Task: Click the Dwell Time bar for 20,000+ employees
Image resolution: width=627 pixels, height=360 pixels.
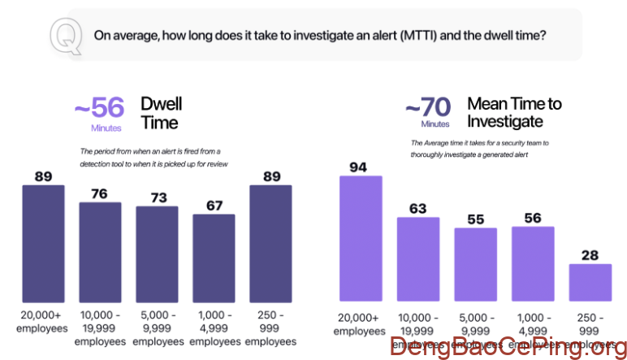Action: [43, 243]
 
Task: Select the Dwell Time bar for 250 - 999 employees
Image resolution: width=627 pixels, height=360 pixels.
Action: [270, 243]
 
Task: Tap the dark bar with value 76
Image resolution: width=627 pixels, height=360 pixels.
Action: [100, 251]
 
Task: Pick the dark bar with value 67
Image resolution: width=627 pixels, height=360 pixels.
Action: [214, 258]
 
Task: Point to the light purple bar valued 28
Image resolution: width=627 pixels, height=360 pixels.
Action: [590, 282]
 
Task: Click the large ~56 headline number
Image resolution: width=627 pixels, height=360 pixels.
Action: [101, 108]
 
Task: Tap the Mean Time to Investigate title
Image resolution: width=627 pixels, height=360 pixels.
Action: [514, 112]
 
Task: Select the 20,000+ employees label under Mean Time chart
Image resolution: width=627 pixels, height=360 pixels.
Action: [359, 325]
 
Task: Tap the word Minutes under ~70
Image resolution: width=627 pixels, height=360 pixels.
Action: [435, 124]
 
